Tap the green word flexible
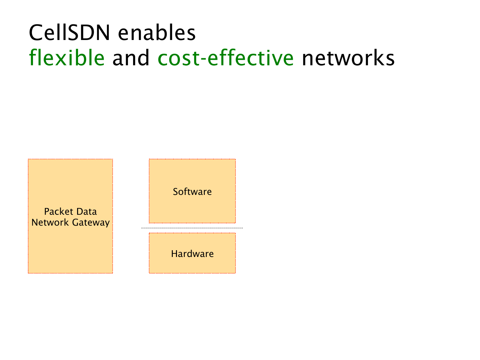[67, 58]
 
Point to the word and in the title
[131, 58]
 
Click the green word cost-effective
[226, 58]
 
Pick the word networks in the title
[348, 58]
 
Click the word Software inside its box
[192, 192]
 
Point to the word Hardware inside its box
[192, 254]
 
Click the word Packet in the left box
[59, 212]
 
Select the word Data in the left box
[87, 212]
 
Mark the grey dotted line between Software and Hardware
[192, 228]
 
